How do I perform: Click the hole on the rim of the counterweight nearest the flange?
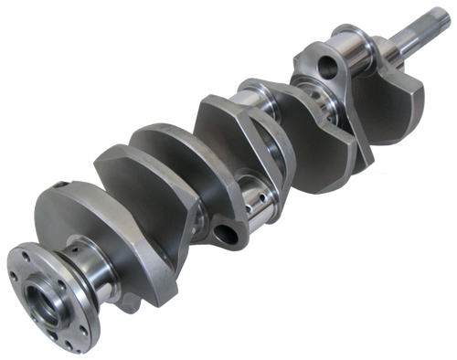[x=72, y=187]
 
